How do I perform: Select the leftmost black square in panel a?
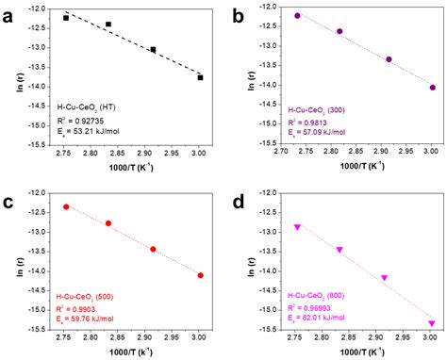pos(66,18)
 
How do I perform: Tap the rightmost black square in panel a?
pos(200,77)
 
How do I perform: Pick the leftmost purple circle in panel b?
pos(298,16)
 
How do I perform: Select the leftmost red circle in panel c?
pos(66,206)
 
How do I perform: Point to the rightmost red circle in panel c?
pos(200,275)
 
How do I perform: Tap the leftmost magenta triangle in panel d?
pos(298,227)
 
